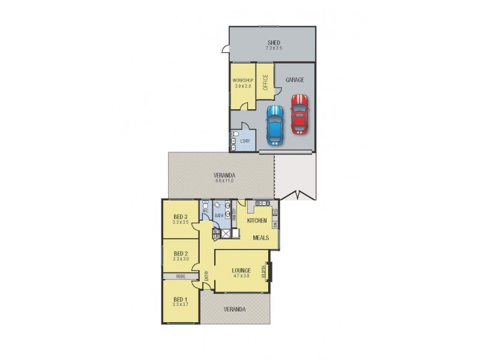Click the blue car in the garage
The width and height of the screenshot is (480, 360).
coord(274,125)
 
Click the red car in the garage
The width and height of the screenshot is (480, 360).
coord(299,113)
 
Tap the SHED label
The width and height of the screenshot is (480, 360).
coord(274,43)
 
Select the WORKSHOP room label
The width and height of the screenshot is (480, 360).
coord(243,80)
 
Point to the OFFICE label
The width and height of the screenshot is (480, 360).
coord(265,82)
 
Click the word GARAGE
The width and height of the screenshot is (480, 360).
coord(295,80)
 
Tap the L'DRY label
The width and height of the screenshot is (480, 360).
coord(245,142)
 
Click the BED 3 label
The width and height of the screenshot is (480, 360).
coord(181,217)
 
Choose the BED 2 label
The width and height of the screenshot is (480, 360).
coord(181,253)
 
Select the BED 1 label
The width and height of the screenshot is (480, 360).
coord(181,299)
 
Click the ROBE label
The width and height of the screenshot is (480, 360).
coord(180,277)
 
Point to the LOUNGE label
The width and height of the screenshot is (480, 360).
coord(241,271)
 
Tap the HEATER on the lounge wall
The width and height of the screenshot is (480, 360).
coord(265,272)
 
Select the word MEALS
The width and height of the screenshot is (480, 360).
coord(260,238)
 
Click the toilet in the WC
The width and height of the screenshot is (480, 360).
coord(205,205)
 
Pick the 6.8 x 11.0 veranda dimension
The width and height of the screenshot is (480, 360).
coord(224,181)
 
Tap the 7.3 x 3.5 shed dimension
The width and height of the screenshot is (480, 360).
coord(274,48)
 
